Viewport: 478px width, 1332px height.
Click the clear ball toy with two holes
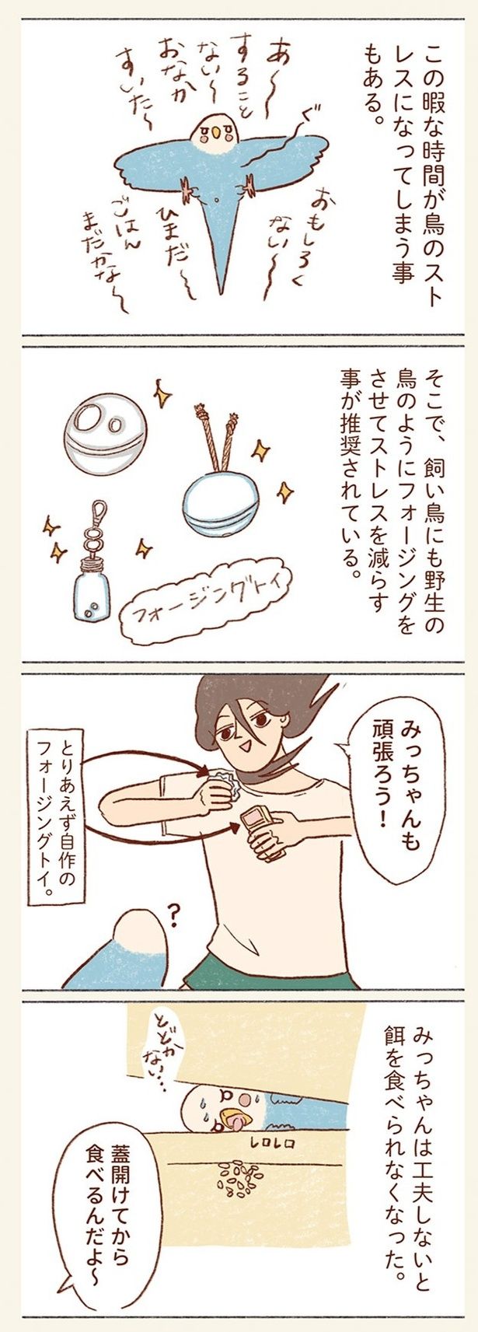(105, 419)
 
